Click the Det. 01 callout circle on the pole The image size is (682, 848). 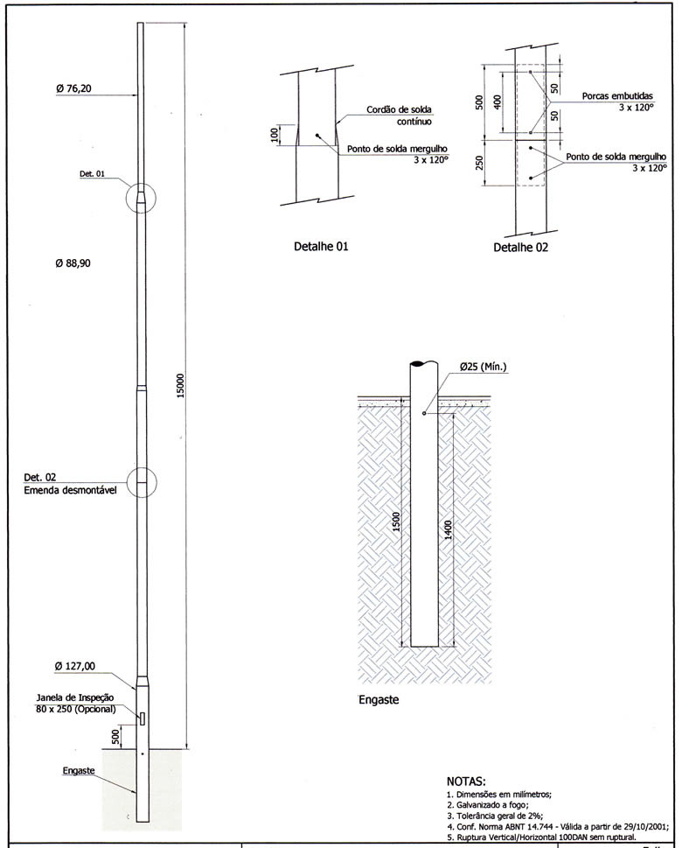click(x=141, y=197)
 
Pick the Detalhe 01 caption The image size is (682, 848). click(x=321, y=247)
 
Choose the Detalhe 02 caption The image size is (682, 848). click(x=520, y=248)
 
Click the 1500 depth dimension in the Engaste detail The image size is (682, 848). click(x=396, y=522)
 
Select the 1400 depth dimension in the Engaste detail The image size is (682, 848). click(x=449, y=529)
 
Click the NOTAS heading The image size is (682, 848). click(x=465, y=781)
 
